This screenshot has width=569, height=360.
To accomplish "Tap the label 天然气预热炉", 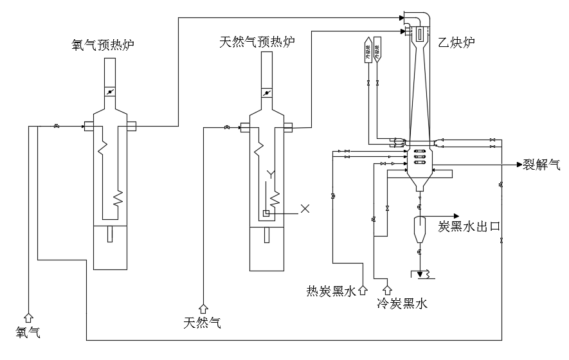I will [x=257, y=42].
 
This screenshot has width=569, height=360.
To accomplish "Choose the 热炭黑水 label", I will [x=330, y=292].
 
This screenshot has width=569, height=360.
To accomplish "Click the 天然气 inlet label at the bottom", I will [x=203, y=323].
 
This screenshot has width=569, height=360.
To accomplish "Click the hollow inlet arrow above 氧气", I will [x=28, y=316].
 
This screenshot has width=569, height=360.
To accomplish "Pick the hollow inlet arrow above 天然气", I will [x=203, y=309].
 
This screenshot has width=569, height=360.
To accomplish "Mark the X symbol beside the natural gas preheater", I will [x=305, y=208].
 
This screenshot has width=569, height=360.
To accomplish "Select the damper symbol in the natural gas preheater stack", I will [x=266, y=93].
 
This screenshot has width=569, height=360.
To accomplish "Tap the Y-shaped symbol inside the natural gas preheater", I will [x=271, y=174].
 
